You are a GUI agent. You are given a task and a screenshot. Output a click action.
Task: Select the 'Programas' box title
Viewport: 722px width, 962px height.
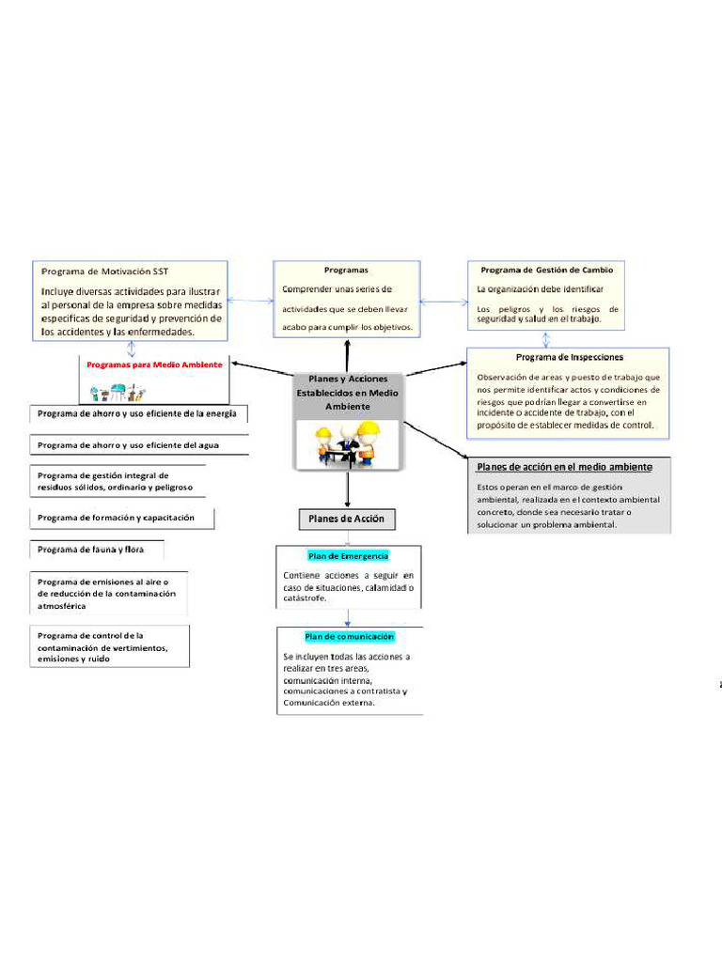pos(346,270)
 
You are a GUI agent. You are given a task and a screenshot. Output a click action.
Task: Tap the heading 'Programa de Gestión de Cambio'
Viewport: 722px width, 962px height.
pos(546,270)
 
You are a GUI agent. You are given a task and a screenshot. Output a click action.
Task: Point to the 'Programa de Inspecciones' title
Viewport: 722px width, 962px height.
pos(569,357)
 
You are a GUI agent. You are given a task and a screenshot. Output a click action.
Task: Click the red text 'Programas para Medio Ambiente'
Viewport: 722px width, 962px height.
pos(154,365)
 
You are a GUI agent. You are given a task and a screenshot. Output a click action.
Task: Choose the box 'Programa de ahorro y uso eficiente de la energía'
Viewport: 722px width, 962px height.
pos(136,413)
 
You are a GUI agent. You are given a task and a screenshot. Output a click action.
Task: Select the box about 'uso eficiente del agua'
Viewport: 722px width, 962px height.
pos(128,445)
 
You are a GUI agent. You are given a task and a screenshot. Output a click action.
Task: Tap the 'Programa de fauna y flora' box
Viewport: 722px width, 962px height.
pos(91,550)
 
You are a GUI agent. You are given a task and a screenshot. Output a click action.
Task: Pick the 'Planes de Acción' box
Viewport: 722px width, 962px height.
pos(347,519)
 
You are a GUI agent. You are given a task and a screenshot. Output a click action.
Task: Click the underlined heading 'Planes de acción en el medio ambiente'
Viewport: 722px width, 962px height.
pos(564,467)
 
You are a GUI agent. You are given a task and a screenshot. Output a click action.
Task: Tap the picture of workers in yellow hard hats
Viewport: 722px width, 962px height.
pos(347,443)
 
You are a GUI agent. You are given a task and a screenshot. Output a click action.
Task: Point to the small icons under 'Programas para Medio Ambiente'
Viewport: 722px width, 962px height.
pos(118,392)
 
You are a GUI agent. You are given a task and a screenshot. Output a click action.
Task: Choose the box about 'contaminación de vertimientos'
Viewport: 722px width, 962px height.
pos(108,647)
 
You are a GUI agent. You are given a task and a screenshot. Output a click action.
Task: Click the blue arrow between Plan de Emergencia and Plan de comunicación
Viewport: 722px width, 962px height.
pos(349,617)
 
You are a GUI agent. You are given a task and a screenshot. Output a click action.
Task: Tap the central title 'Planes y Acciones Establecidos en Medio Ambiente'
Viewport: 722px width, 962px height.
pos(348,392)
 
